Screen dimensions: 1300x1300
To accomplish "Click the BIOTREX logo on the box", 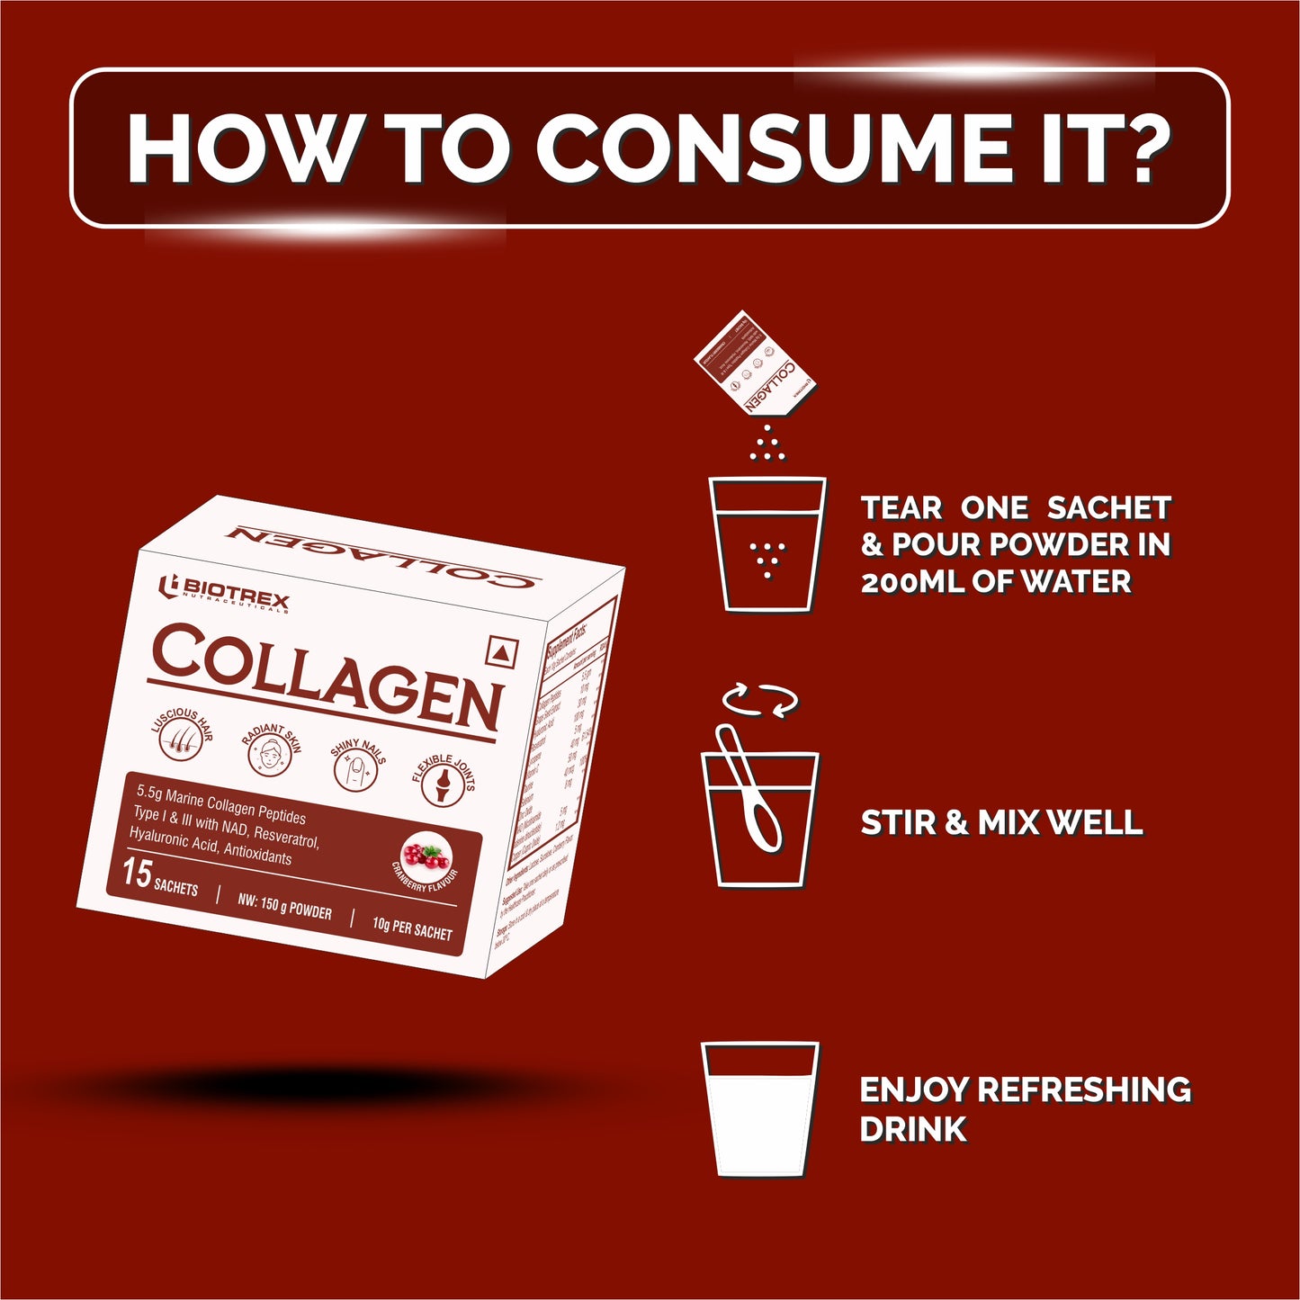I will (224, 595).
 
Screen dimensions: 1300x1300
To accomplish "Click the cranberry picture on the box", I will (425, 855).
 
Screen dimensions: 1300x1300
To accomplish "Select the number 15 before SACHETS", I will (137, 874).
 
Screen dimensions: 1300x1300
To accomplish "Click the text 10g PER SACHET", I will (412, 928).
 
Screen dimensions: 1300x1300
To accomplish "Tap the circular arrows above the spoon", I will (760, 700).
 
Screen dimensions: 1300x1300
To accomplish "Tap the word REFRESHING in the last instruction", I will (1084, 1089).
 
